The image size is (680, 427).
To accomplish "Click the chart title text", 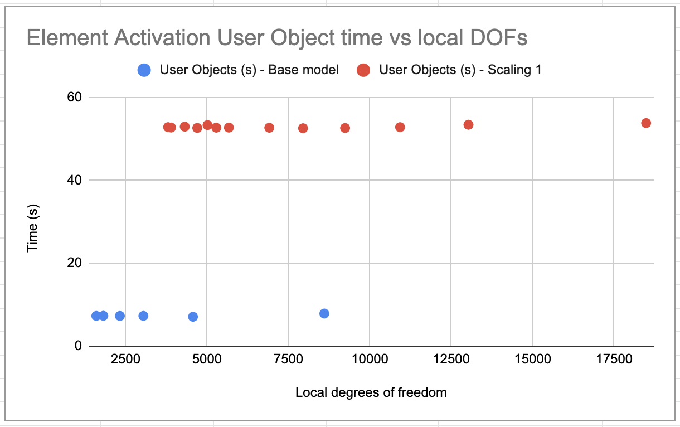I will click(x=277, y=38).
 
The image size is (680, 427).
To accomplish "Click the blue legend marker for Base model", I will click(x=144, y=70).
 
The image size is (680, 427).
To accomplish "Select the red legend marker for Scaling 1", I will click(x=363, y=70).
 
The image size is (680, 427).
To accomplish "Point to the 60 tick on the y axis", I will click(x=74, y=98).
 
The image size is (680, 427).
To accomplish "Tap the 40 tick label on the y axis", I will click(x=74, y=180).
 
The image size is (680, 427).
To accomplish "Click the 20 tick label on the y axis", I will click(x=74, y=263).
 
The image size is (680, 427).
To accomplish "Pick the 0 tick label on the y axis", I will click(x=77, y=346).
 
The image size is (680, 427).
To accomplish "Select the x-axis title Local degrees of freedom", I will click(x=371, y=392).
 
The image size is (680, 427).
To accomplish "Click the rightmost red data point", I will click(x=646, y=123).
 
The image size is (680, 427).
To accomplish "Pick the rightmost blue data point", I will click(x=324, y=313).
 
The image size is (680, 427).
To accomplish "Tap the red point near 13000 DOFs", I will click(x=468, y=124).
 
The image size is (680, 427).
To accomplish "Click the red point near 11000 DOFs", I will click(x=400, y=127).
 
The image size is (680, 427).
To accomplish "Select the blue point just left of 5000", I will click(x=193, y=317).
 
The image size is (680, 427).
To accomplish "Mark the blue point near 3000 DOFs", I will click(x=143, y=316).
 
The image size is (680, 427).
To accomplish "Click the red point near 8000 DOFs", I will click(x=303, y=128).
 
